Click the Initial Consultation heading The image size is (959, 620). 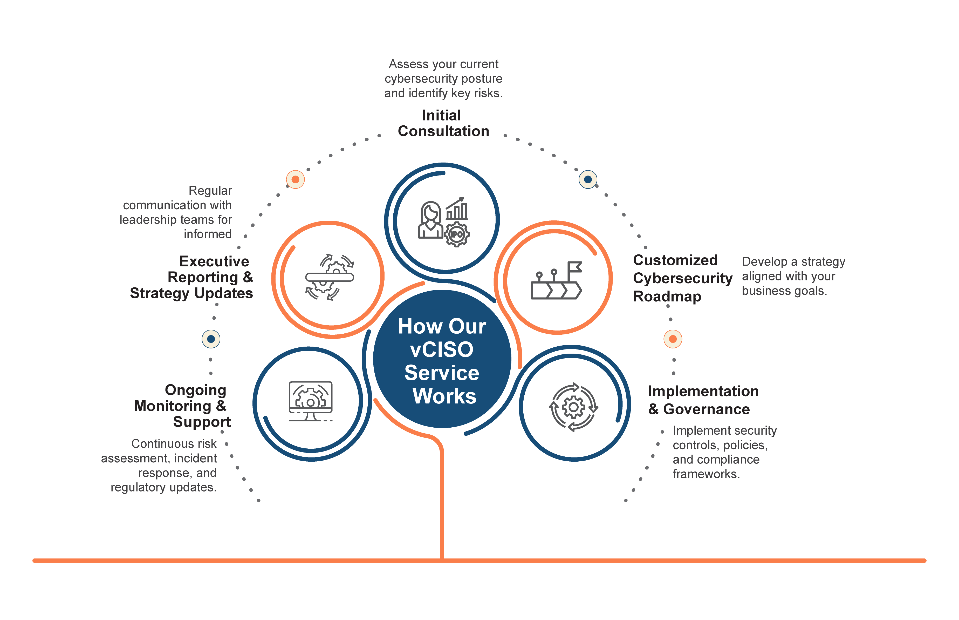443,123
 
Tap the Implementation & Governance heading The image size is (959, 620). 703,400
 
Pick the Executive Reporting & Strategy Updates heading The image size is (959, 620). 191,277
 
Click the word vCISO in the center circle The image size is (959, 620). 442,349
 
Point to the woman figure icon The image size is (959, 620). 430,220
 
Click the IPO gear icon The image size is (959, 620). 457,234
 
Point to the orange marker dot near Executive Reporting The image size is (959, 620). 295,179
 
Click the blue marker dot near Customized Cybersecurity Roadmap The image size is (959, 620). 588,179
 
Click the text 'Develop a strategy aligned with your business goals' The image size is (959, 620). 793,276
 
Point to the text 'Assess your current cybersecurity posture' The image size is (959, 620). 443,71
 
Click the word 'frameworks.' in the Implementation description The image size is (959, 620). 706,474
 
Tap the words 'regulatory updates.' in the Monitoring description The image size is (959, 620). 164,488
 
